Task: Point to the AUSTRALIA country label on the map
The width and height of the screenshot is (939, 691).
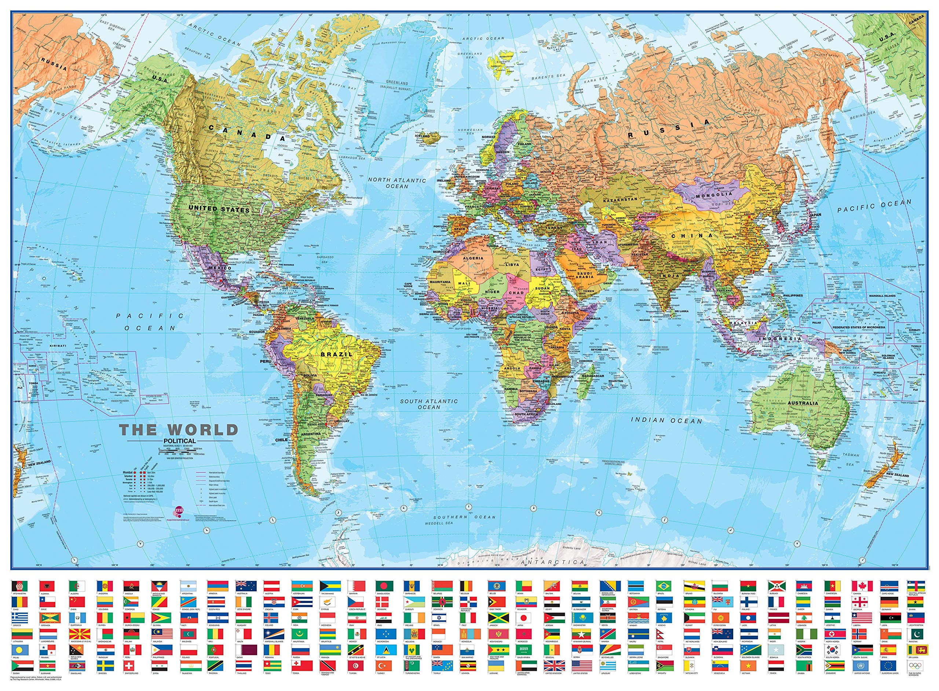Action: point(802,403)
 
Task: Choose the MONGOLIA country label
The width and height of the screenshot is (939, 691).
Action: point(714,195)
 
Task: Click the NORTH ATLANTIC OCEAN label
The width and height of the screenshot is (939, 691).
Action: point(397,183)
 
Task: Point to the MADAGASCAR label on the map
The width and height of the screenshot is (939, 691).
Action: point(592,376)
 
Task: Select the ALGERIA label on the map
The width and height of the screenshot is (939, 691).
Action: point(473,258)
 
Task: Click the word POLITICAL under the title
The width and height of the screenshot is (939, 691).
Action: point(179,440)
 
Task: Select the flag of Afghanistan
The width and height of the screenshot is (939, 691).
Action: point(19,586)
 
